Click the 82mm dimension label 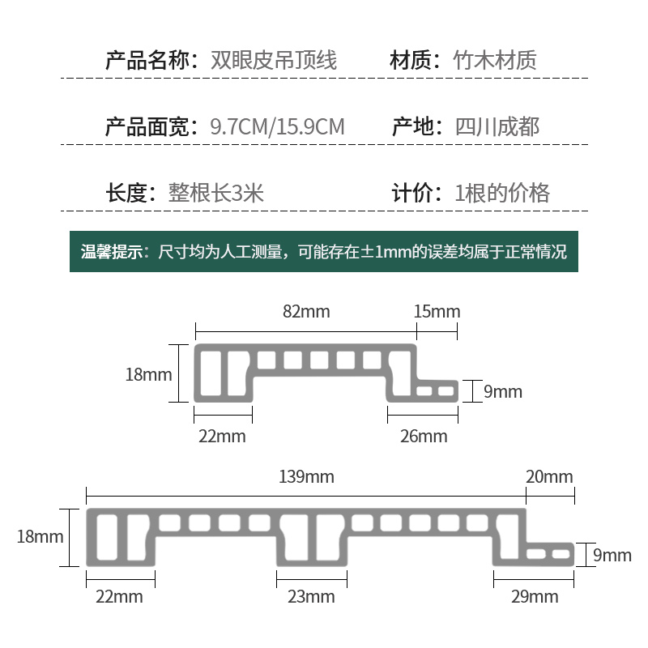(x=306, y=312)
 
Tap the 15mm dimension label (x=437, y=312)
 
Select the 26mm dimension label (x=424, y=437)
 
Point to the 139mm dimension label (x=306, y=476)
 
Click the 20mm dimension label (x=549, y=476)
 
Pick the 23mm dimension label (x=311, y=597)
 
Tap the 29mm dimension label (x=535, y=597)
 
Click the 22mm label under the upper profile (x=222, y=437)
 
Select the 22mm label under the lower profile (x=119, y=597)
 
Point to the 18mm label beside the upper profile (x=149, y=375)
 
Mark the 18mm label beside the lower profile (x=40, y=537)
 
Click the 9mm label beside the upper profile (x=503, y=392)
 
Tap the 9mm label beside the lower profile (x=612, y=555)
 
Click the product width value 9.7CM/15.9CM (x=277, y=127)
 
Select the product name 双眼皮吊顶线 (x=273, y=61)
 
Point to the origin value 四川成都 (x=497, y=127)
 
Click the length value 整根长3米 (x=216, y=193)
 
